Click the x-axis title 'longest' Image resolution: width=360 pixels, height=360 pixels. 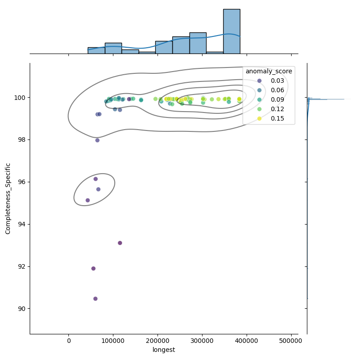(x=164, y=350)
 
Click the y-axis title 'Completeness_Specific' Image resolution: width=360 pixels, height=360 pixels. (x=8, y=198)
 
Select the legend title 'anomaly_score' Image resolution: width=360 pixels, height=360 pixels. (x=269, y=71)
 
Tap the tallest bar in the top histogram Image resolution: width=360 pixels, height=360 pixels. (x=231, y=31)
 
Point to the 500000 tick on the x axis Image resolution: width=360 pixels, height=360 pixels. (x=291, y=341)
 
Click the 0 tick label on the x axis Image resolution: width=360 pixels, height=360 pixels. (x=69, y=341)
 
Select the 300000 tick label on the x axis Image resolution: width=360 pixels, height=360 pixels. (x=202, y=341)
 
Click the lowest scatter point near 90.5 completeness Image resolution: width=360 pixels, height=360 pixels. (x=95, y=299)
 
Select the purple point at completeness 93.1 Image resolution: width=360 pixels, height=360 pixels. (x=120, y=243)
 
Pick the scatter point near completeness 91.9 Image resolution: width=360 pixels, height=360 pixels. (x=94, y=269)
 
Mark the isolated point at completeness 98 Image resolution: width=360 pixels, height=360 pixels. (x=97, y=140)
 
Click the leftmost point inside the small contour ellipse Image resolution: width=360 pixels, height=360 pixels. (x=88, y=200)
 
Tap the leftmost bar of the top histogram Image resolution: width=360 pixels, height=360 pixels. (x=96, y=50)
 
